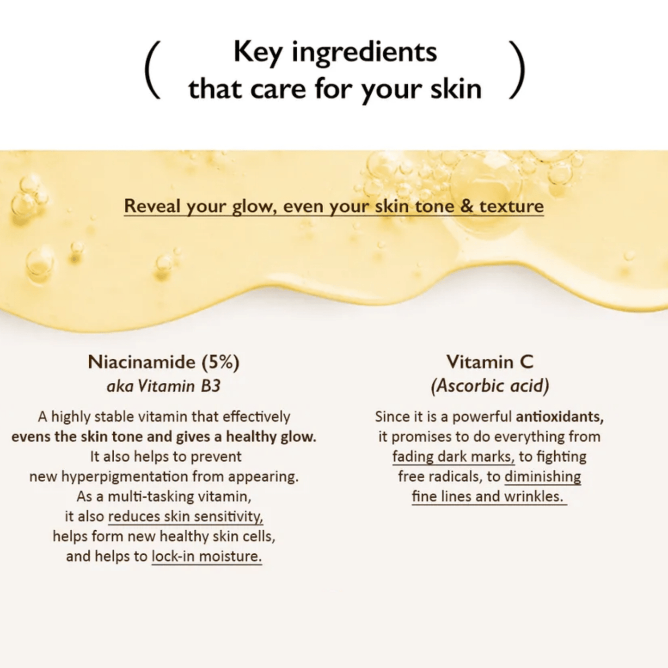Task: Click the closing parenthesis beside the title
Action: pyautogui.click(x=517, y=70)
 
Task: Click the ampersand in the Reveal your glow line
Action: pyautogui.click(x=467, y=206)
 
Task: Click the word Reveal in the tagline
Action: pyautogui.click(x=153, y=206)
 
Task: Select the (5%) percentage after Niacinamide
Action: pyautogui.click(x=221, y=362)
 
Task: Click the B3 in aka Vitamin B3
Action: pyautogui.click(x=211, y=386)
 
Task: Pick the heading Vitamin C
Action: pyautogui.click(x=490, y=362)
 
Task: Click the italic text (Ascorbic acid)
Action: pyautogui.click(x=490, y=386)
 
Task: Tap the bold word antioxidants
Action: pyautogui.click(x=560, y=417)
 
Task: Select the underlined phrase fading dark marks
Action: pyautogui.click(x=454, y=457)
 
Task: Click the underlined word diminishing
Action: pyautogui.click(x=543, y=477)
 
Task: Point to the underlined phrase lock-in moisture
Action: pyautogui.click(x=207, y=557)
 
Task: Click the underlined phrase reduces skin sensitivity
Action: pyautogui.click(x=186, y=516)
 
